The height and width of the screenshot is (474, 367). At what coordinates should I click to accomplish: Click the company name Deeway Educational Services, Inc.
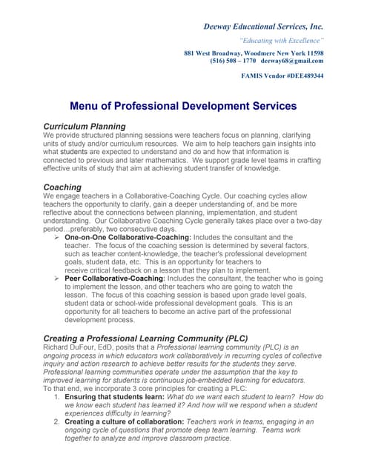coord(263,27)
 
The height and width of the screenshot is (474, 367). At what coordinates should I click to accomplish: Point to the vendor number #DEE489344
coord(302,76)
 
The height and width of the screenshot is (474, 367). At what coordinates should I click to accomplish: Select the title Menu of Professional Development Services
coord(183,106)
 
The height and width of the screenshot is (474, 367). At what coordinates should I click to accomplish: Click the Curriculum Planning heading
coord(85,127)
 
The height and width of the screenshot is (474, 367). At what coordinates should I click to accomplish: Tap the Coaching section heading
coord(62,187)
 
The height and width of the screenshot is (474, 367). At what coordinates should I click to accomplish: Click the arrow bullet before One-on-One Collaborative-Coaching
coord(59,236)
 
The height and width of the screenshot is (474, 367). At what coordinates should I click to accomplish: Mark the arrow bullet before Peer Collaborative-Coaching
coord(59,278)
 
